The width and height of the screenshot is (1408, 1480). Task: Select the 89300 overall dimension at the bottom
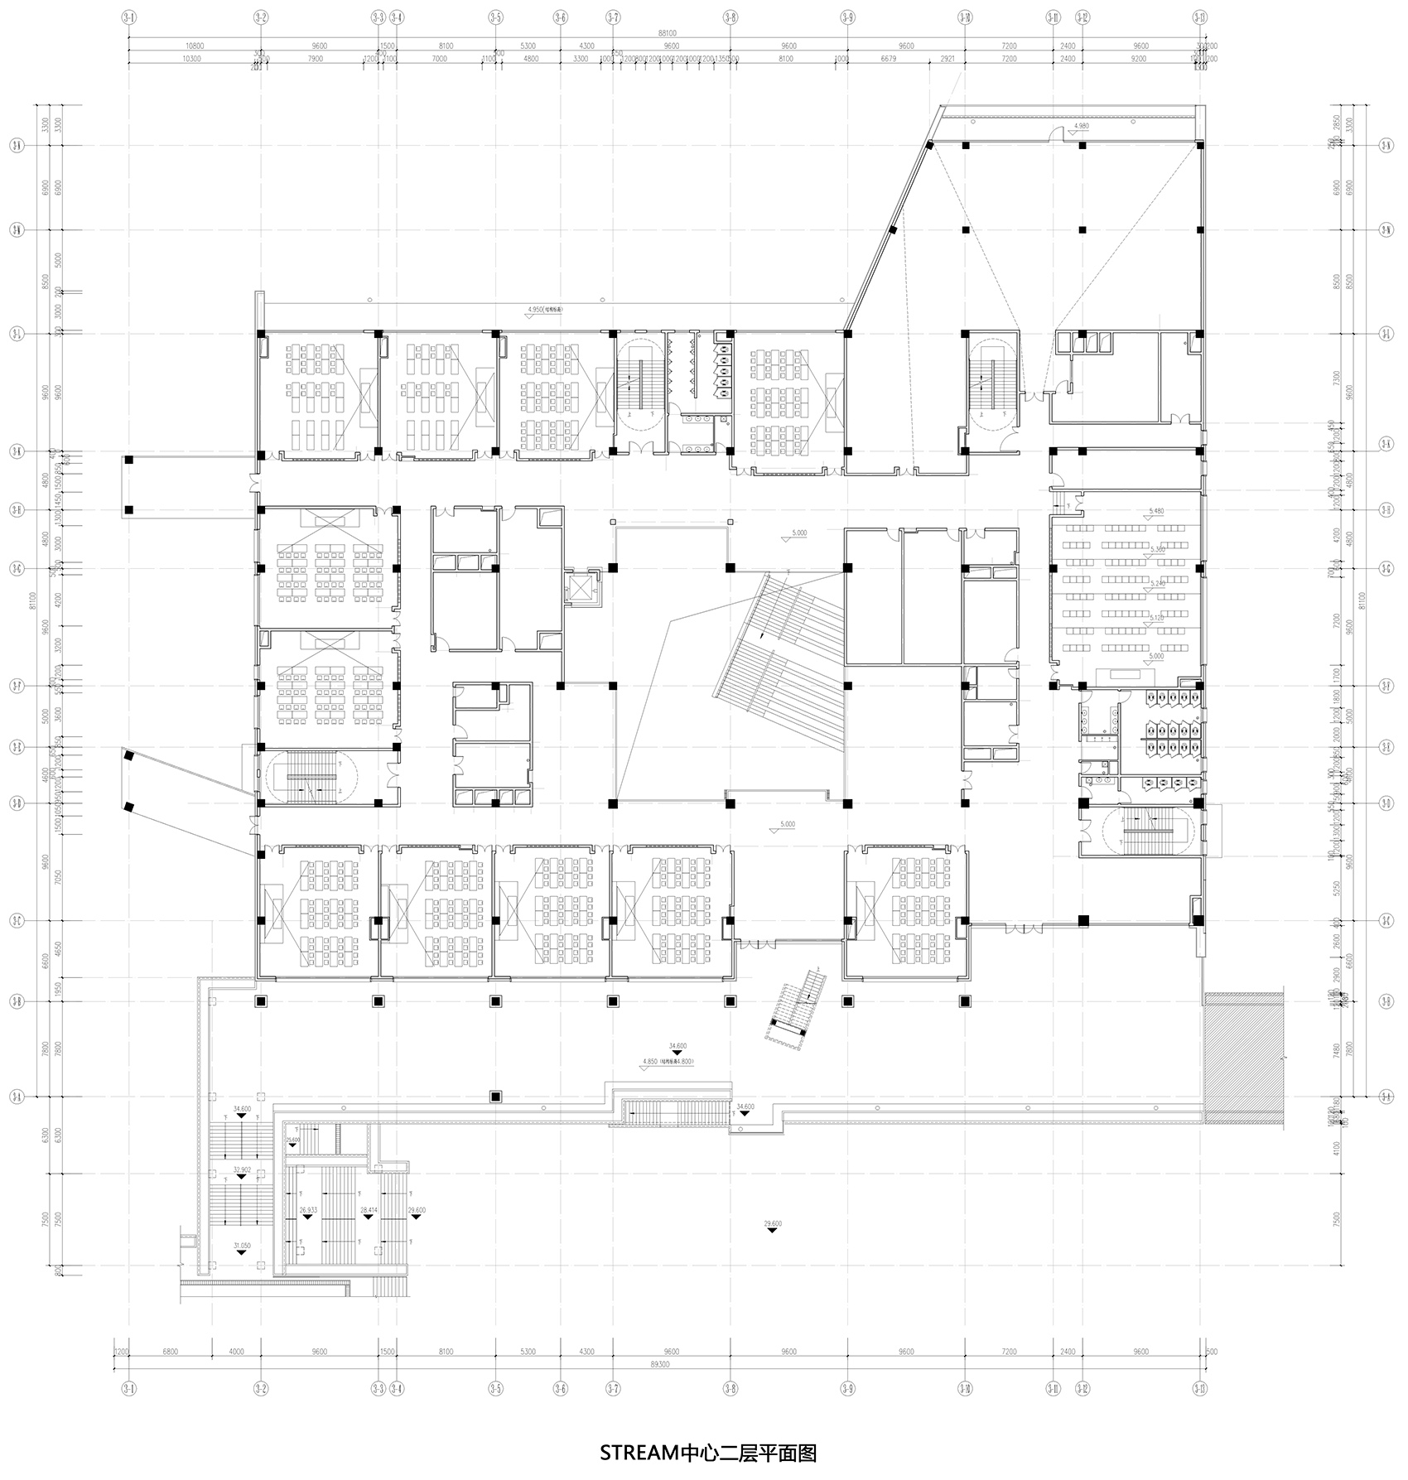pos(659,1362)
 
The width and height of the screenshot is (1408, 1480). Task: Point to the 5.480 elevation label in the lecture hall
pos(1156,511)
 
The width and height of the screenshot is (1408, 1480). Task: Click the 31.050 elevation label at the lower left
pos(242,1245)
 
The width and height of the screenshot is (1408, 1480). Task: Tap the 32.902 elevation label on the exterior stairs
pos(242,1169)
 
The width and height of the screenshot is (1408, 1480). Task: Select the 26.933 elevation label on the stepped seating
pos(308,1210)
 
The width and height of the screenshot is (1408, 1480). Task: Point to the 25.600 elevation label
pos(292,1140)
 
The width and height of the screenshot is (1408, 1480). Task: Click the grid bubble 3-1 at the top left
pos(128,16)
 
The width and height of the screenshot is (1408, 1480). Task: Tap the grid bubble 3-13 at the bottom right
pos(1199,1388)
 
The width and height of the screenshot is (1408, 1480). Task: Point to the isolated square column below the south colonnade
pos(495,1097)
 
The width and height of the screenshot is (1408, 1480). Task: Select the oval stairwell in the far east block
pos(1147,831)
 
